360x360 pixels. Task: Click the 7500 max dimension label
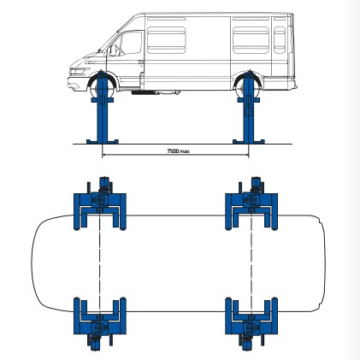pos(178,150)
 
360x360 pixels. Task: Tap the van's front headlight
pos(78,71)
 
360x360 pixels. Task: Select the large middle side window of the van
pos(167,40)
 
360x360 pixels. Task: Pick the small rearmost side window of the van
pos(280,40)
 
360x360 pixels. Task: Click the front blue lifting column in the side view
pos(103,107)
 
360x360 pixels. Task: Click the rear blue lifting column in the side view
pos(249,107)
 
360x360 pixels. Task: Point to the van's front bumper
pos(74,84)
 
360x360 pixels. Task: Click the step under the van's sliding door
pos(143,92)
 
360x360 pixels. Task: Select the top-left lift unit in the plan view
pos(100,204)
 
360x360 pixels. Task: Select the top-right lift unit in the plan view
pos(251,204)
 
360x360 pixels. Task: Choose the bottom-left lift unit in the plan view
pos(100,324)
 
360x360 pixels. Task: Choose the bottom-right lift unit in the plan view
pos(251,324)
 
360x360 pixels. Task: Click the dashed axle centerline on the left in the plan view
pos(100,263)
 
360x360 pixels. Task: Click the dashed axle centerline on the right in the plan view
pos(251,263)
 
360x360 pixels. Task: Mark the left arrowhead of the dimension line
pos(103,155)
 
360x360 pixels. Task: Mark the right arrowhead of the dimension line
pos(247,155)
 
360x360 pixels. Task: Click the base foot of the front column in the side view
pos(103,142)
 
